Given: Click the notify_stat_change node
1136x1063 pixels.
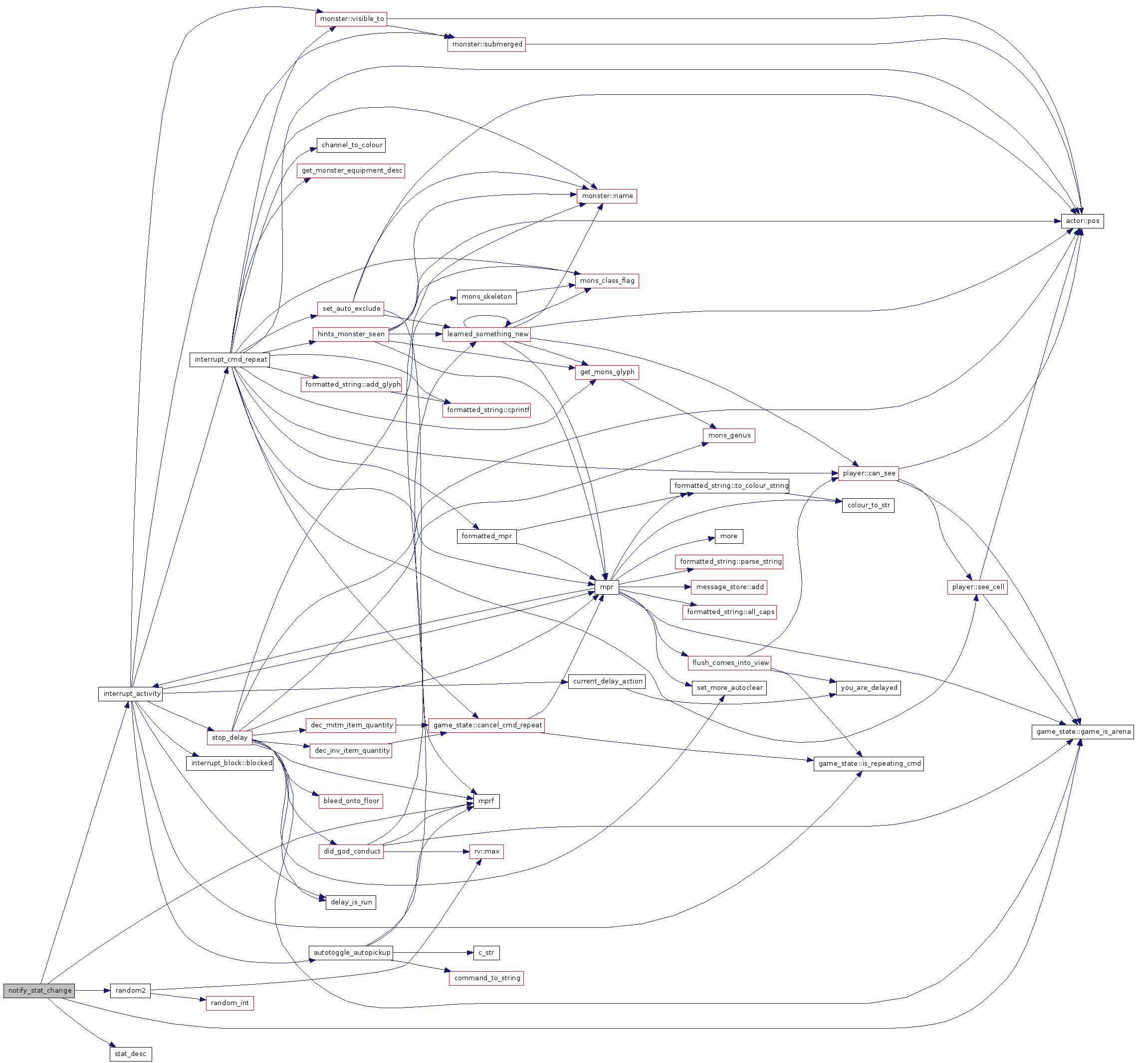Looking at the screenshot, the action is tap(39, 991).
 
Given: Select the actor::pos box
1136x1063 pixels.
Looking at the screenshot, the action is tap(1082, 221).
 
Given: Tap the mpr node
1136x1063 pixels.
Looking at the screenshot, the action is tap(606, 587).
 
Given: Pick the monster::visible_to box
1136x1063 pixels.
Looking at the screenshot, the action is tap(351, 19).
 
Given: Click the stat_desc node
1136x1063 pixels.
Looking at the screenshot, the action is tap(130, 1054).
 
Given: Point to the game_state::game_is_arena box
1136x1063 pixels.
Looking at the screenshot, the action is tap(1083, 732).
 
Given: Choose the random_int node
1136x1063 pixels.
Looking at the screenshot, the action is tap(229, 1003).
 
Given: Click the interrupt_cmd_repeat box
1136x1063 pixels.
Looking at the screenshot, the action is tap(229, 359).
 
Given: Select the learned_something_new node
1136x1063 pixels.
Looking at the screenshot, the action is tap(487, 334).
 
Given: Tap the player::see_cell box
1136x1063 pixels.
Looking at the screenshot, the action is tap(978, 587).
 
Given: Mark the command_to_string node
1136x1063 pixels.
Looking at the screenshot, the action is tap(486, 978).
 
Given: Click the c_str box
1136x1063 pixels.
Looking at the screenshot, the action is tap(486, 953).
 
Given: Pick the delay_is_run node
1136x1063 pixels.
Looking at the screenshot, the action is tap(351, 902).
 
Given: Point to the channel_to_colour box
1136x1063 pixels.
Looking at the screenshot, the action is tap(351, 145).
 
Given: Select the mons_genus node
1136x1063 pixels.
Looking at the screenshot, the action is tap(728, 435).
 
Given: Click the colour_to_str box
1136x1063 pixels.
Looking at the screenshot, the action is tap(868, 505).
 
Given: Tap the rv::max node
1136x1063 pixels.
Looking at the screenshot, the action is tap(486, 851).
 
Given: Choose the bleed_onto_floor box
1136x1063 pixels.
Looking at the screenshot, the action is tap(351, 801).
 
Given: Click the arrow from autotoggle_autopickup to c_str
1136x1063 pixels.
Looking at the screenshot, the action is tap(433, 953).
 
